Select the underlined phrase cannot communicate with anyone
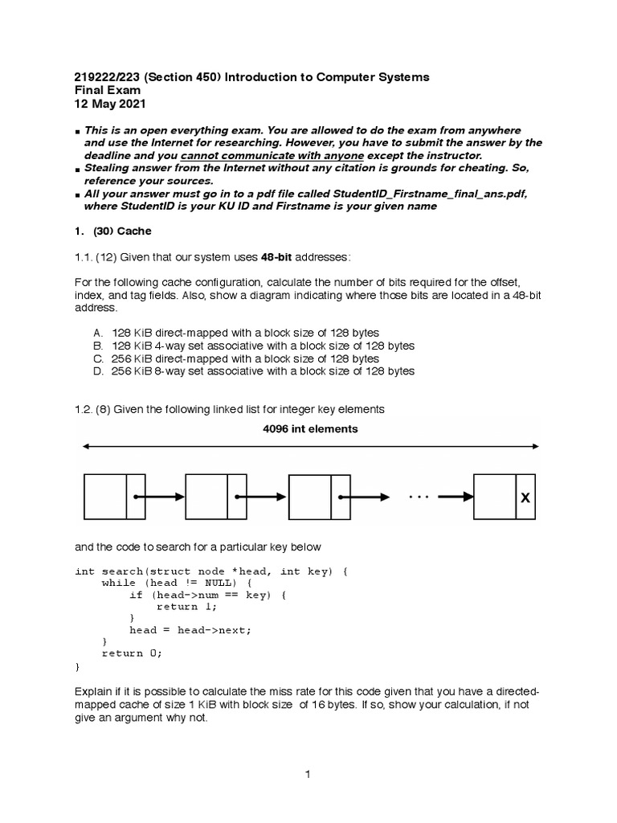272,155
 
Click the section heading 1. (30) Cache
112,231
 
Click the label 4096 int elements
310,429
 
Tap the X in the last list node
525,498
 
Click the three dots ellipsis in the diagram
419,497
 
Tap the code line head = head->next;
190,630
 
